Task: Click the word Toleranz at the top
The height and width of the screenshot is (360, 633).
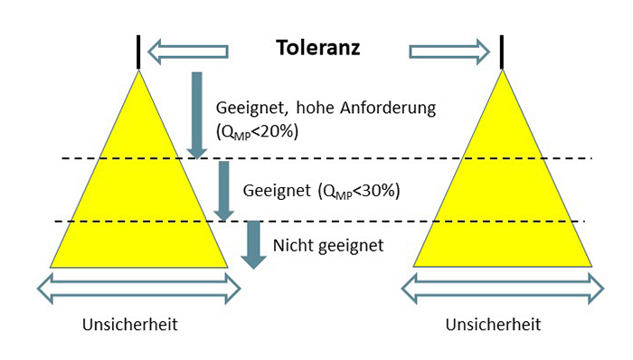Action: coord(317,48)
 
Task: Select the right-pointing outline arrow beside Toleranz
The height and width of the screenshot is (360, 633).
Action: coord(449,51)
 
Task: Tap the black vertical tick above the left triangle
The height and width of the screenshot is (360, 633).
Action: coord(138,51)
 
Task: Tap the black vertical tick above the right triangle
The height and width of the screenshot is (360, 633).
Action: coord(502,51)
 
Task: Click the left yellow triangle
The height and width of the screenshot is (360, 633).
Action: coord(139,199)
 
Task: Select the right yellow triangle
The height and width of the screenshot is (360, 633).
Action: coord(502,199)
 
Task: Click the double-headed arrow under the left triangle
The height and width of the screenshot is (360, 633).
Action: coord(139,289)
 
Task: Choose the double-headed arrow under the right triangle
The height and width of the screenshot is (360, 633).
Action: coord(502,289)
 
